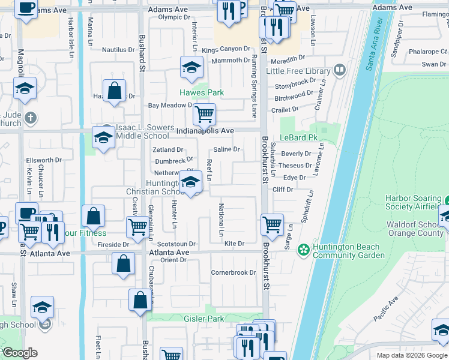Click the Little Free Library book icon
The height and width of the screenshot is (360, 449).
[x=340, y=71]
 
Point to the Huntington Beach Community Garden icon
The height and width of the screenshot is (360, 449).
[x=304, y=248]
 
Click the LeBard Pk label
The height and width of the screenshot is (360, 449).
[x=298, y=137]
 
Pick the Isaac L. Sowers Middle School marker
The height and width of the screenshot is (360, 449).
[x=103, y=137]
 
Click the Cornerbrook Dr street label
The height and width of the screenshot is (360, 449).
[x=234, y=272]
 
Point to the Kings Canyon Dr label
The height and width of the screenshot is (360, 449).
[x=226, y=49]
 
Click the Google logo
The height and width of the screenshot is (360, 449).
[x=20, y=353]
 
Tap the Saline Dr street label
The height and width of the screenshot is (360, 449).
[x=227, y=149]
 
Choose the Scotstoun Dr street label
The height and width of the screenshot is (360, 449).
[x=176, y=244]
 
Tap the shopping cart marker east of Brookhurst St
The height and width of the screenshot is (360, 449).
[x=273, y=225]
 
